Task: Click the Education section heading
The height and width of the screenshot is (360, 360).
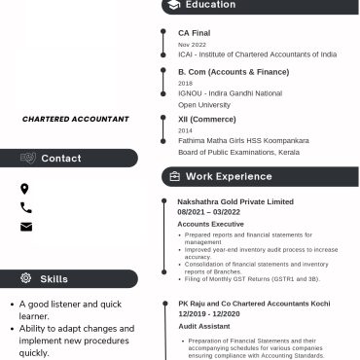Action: [210, 5]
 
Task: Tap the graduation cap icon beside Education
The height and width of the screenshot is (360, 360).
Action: [173, 5]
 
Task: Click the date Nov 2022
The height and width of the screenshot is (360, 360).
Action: [192, 45]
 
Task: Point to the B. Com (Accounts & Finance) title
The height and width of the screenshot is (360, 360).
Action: [234, 72]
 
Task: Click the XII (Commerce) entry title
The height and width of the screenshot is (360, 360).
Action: [206, 119]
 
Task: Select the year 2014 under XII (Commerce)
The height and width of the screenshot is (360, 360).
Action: [185, 130]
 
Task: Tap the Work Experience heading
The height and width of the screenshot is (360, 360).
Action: [229, 176]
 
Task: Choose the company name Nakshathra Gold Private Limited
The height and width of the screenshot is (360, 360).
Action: [235, 201]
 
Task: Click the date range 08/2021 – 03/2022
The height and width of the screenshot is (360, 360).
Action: [208, 211]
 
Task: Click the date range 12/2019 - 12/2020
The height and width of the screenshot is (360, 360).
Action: [208, 313]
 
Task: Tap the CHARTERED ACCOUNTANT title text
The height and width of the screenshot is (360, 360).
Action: [76, 119]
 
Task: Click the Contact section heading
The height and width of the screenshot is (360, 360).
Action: [61, 159]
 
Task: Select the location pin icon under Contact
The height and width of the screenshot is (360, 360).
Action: [25, 189]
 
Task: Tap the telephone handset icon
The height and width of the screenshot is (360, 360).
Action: [25, 207]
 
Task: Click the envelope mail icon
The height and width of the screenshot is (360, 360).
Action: [25, 227]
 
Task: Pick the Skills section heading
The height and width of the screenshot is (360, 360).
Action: [54, 279]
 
